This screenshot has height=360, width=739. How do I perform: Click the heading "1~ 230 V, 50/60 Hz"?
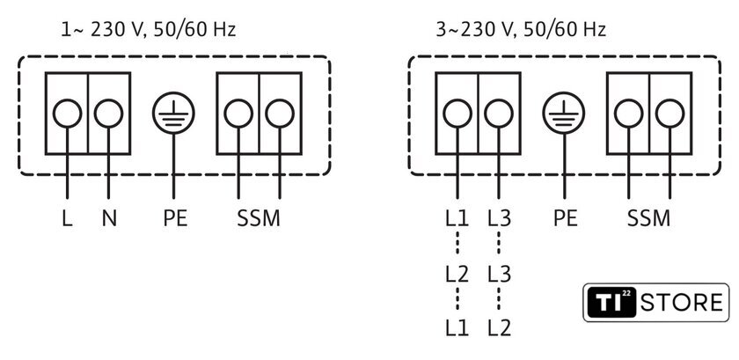(x=149, y=30)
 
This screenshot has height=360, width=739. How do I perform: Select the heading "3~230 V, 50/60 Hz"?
(x=521, y=30)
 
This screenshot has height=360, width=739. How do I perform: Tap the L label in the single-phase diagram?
(x=67, y=218)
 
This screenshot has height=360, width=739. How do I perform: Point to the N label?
(x=109, y=218)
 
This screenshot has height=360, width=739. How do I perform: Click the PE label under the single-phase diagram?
(x=175, y=218)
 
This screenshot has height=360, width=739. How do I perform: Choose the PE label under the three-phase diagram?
(x=565, y=218)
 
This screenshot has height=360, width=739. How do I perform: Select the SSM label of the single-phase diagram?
(x=259, y=218)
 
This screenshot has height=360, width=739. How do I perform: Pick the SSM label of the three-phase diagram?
(x=648, y=218)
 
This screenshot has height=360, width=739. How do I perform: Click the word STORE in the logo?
(x=682, y=303)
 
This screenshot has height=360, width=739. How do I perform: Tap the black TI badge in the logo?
(x=611, y=303)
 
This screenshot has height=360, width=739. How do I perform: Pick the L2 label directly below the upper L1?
(x=457, y=274)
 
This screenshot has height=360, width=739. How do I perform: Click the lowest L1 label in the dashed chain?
(x=457, y=328)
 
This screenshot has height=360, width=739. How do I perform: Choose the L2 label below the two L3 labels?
(x=500, y=328)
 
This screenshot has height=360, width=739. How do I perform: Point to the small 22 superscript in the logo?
(x=626, y=293)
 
